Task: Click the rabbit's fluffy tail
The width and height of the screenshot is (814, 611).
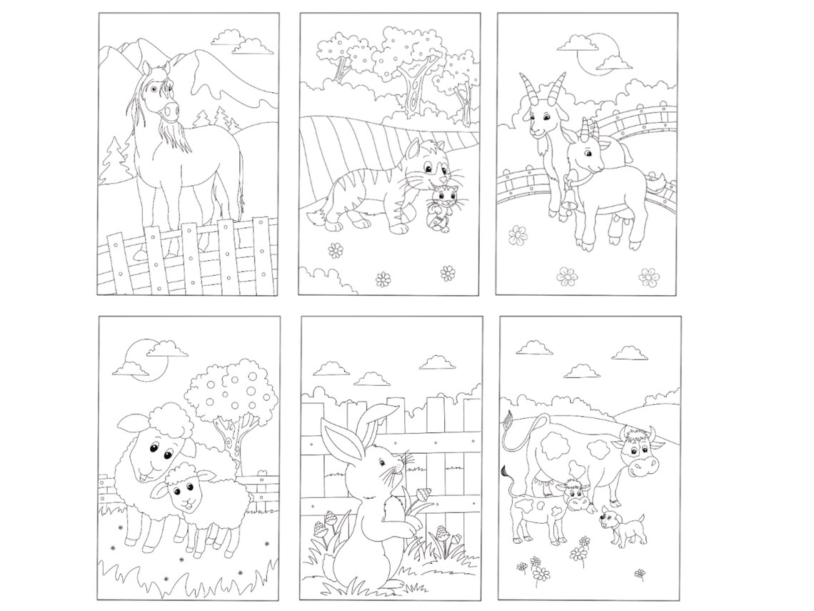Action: [x=330, y=566]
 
